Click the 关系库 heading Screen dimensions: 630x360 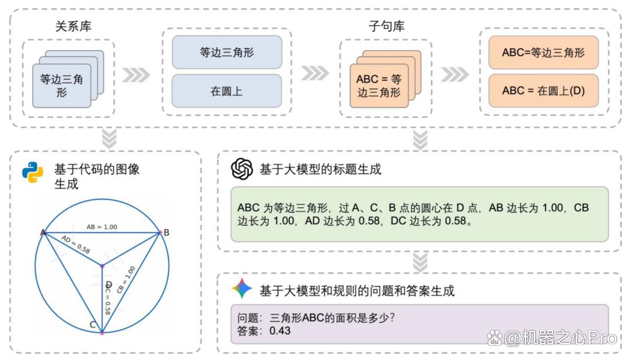coord(73,26)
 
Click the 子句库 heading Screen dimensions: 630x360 coord(386,26)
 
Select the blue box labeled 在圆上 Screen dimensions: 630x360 coord(226,91)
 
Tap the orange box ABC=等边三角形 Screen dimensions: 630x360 coord(543,53)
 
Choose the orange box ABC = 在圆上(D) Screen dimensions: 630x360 coord(543,91)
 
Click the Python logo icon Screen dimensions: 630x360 coord(33,172)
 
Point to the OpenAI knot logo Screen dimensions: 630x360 coord(242,169)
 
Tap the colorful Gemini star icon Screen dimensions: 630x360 coord(242,288)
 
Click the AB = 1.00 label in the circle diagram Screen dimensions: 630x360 coord(102,227)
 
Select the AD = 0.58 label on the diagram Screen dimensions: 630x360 coord(75,244)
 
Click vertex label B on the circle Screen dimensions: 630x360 coord(166,233)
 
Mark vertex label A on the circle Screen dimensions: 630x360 coord(43,232)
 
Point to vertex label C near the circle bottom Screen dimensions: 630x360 coord(92,324)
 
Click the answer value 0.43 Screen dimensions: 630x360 coord(280,331)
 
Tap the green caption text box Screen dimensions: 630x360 coord(419,214)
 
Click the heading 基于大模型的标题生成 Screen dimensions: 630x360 coord(320,169)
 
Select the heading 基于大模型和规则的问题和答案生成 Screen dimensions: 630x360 coord(357,291)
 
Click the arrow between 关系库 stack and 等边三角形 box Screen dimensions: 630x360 coord(136,75)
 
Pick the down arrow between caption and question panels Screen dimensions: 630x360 coord(420,262)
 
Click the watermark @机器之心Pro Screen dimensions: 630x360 coord(552,338)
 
